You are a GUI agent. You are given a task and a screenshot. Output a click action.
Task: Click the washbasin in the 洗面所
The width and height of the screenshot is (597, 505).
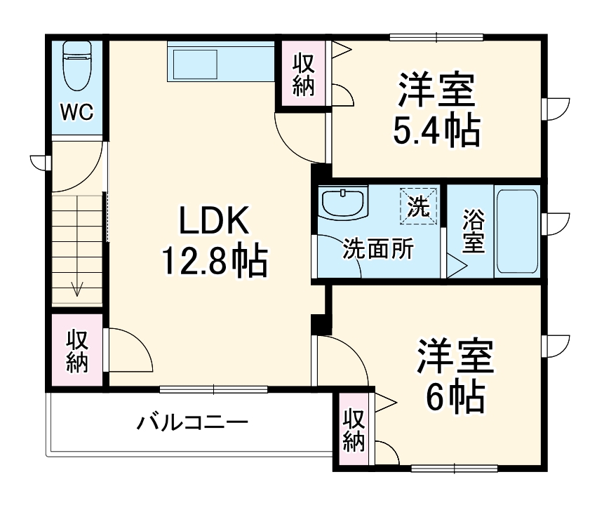(x=344, y=203)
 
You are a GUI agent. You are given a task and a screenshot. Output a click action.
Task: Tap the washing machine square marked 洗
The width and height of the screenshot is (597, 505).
(x=419, y=205)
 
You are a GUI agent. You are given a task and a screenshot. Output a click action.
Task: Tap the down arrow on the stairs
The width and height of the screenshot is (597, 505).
(x=77, y=288)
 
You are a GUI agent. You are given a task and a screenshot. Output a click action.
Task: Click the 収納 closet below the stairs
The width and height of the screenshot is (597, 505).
(x=76, y=351)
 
